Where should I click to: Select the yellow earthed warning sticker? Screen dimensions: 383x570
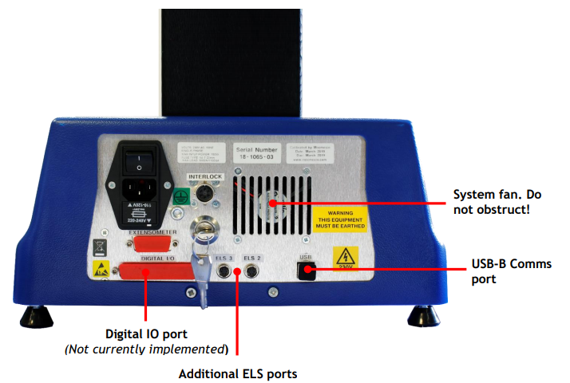pyautogui.click(x=341, y=217)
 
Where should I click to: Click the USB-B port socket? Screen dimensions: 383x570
pyautogui.click(x=304, y=270)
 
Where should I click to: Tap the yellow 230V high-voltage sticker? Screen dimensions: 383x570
pyautogui.click(x=344, y=260)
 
